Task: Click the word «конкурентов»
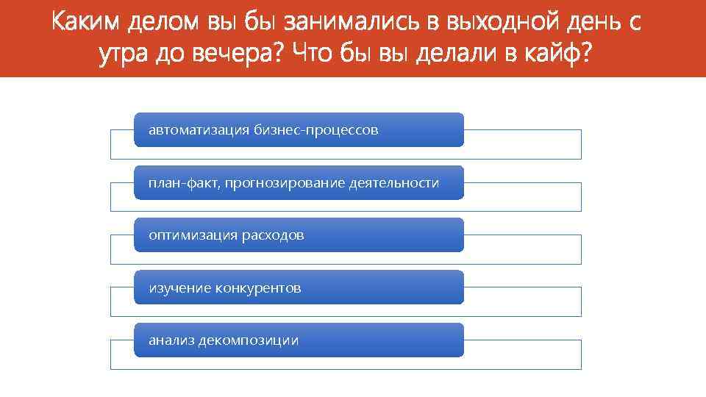(x=258, y=288)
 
